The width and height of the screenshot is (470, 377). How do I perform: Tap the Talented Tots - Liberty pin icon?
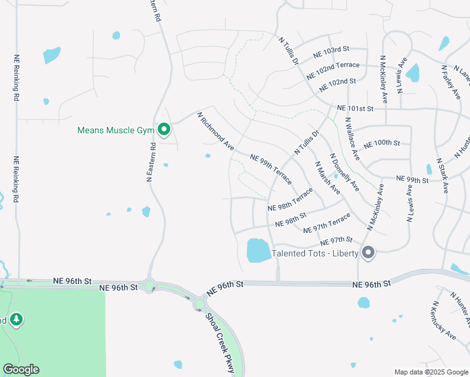point(369,253)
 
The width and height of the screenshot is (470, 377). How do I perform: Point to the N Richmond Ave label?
point(216,131)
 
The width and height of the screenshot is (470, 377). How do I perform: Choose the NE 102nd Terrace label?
point(333,69)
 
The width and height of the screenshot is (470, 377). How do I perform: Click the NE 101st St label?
point(355,108)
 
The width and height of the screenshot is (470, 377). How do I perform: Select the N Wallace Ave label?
point(352,138)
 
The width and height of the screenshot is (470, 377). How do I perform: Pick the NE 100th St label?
point(382,143)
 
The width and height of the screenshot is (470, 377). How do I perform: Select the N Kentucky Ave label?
point(444,320)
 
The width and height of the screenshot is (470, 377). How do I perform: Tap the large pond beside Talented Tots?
point(258,250)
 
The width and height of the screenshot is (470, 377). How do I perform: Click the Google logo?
point(21,369)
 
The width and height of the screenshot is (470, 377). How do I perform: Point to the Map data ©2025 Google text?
point(431,372)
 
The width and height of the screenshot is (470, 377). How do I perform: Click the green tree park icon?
point(16,320)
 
